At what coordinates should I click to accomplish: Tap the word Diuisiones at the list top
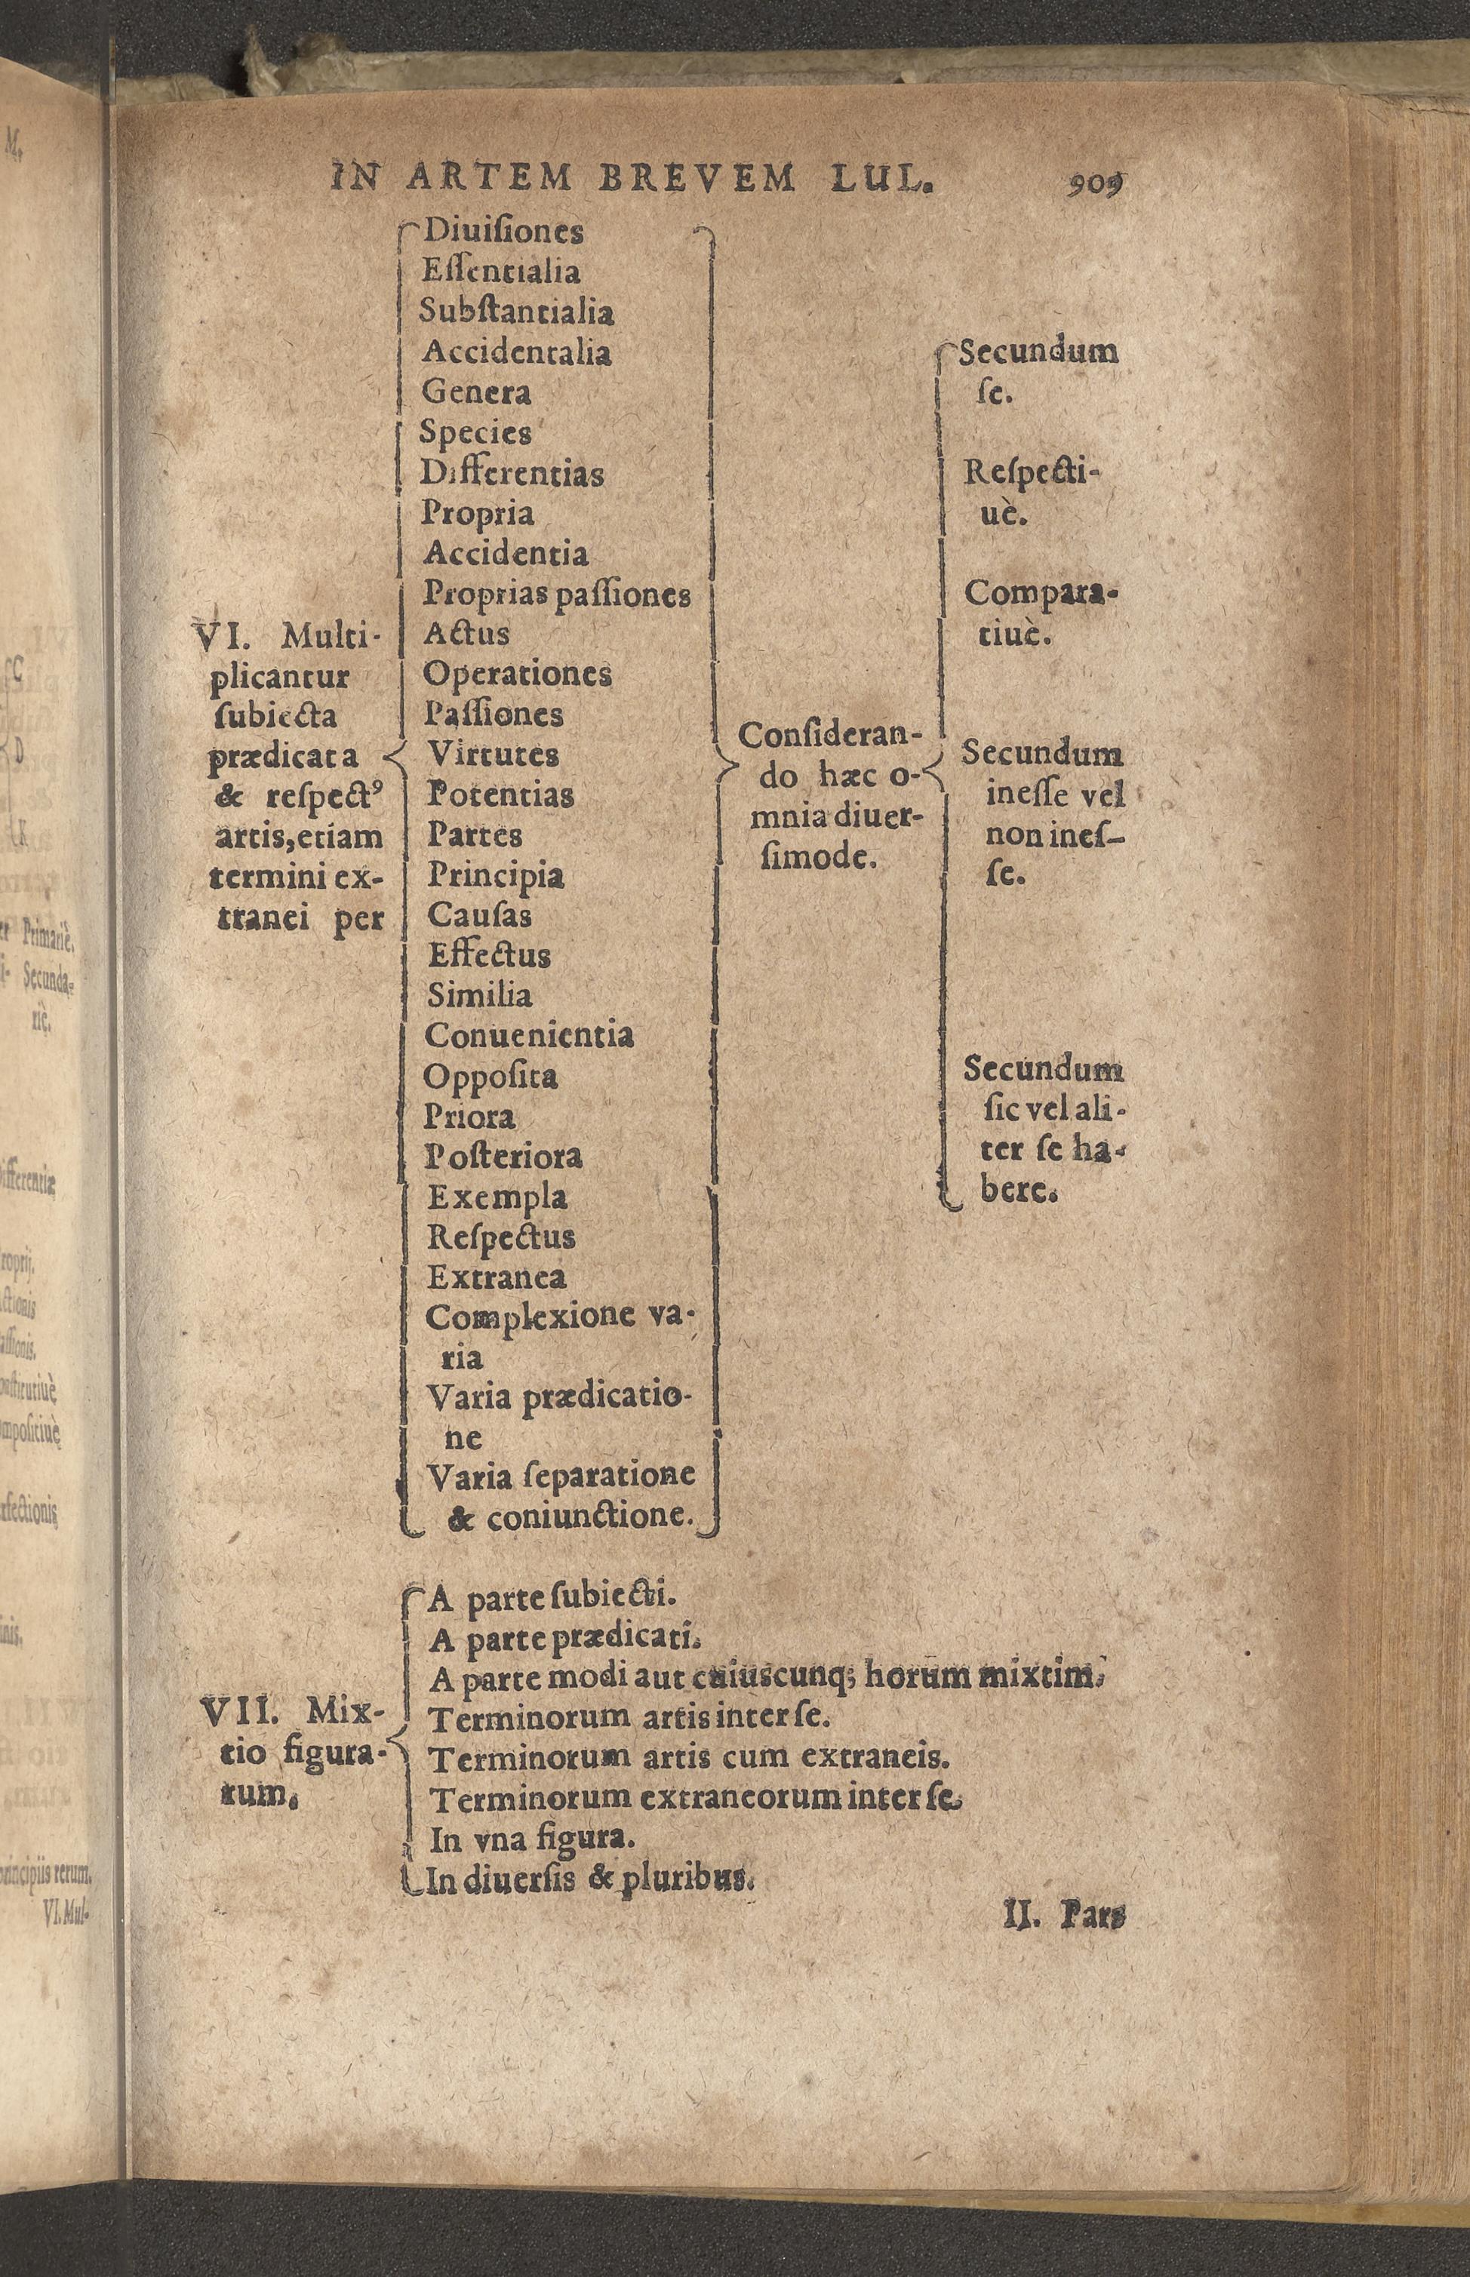click(503, 232)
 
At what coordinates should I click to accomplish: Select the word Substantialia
click(516, 313)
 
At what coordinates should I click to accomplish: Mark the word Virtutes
click(493, 755)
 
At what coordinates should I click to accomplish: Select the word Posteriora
click(504, 1157)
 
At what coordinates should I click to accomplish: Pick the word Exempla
click(497, 1197)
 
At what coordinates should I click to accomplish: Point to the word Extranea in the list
click(497, 1277)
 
